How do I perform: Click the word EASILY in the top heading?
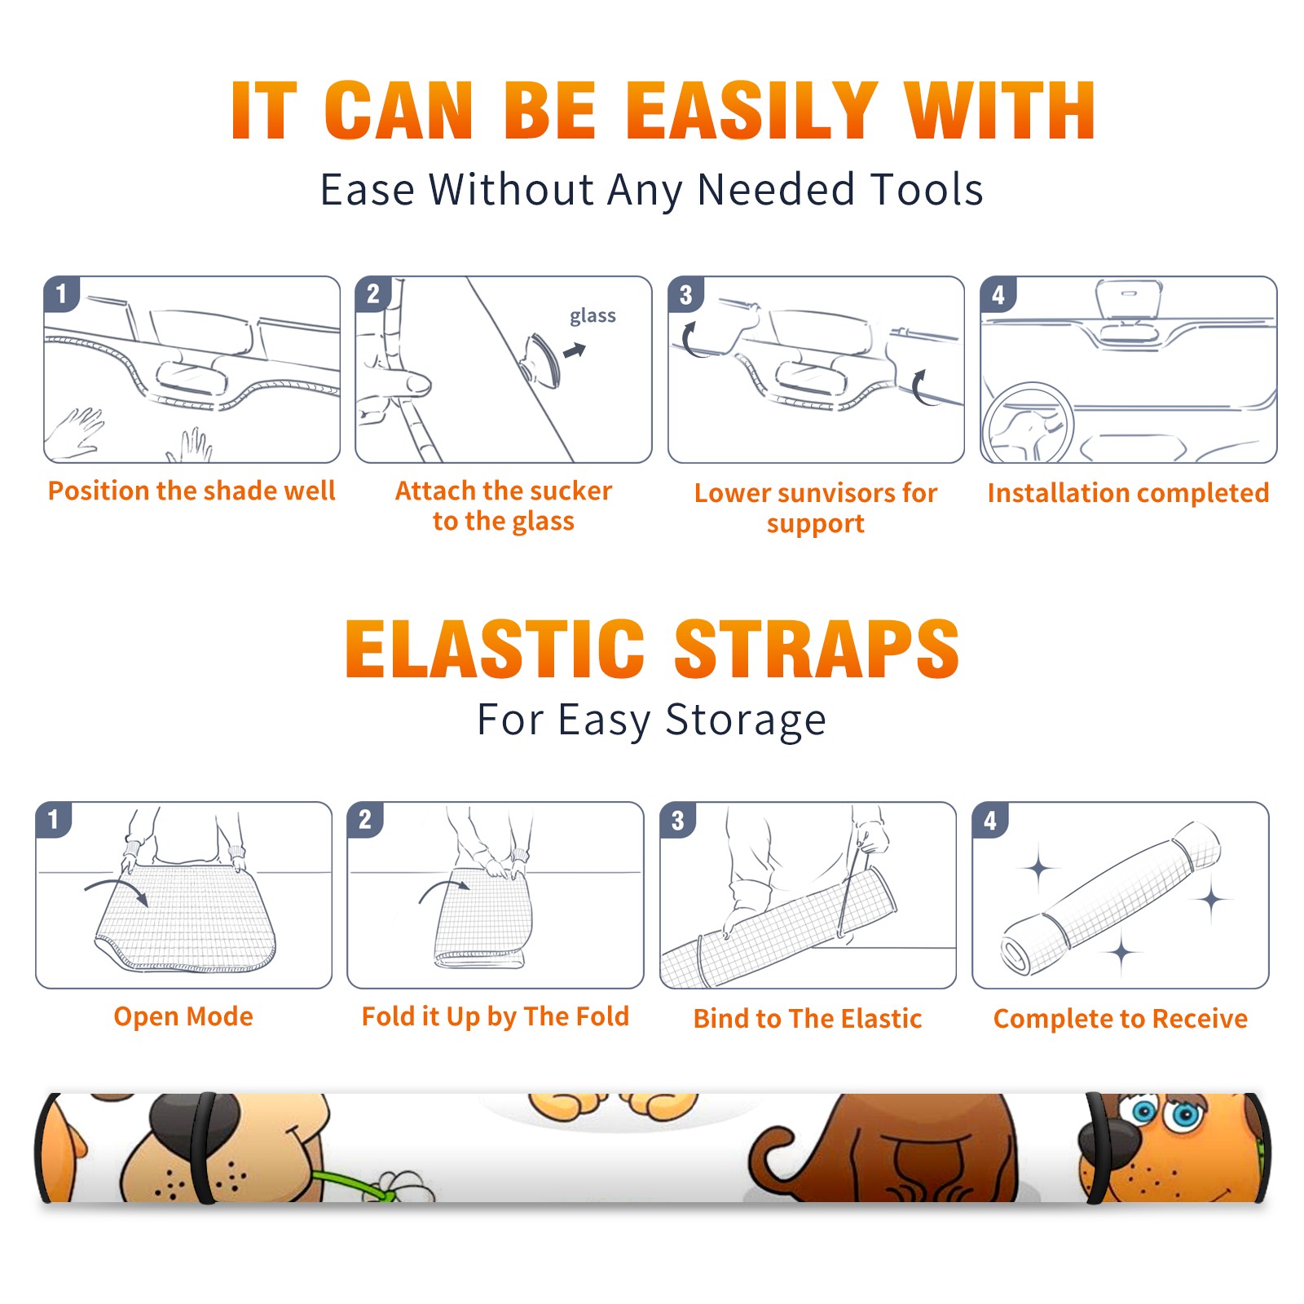(x=751, y=111)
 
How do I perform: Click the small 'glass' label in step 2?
(x=593, y=315)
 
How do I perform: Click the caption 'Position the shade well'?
(x=192, y=491)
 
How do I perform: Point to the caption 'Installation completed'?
(x=1128, y=492)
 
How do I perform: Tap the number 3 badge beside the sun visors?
(x=685, y=294)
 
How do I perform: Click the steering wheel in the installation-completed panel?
(x=1028, y=423)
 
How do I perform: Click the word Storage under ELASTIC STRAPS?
(x=746, y=720)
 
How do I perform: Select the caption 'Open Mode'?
(x=183, y=1016)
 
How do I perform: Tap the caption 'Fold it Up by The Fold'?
(x=496, y=1016)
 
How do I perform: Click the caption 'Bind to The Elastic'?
(x=808, y=1019)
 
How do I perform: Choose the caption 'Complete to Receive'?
(x=1121, y=1019)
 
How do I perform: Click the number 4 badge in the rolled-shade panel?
(x=990, y=820)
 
